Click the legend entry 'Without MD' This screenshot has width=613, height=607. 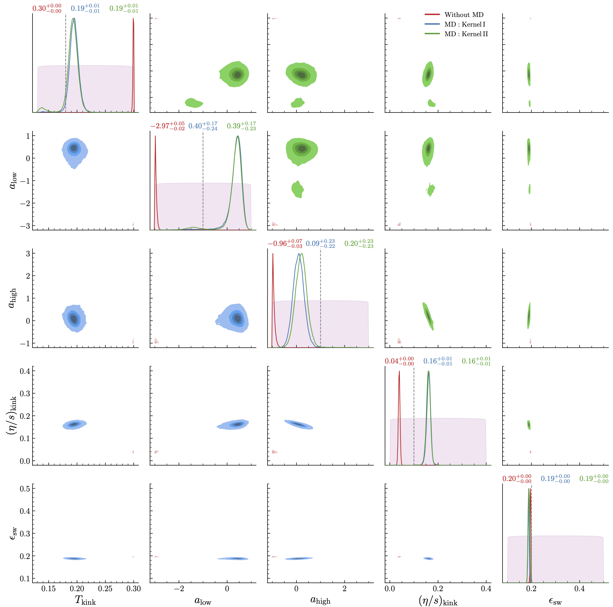[463, 15]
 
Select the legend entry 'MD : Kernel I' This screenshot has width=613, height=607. [465, 24]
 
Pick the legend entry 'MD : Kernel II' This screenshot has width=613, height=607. [466, 34]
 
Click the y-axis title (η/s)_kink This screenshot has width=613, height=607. [12, 415]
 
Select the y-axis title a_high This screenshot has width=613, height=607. [12, 298]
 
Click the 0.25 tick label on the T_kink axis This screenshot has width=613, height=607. [105, 589]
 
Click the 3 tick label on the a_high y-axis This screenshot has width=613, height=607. [28, 253]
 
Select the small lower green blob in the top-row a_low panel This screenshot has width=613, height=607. [193, 103]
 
